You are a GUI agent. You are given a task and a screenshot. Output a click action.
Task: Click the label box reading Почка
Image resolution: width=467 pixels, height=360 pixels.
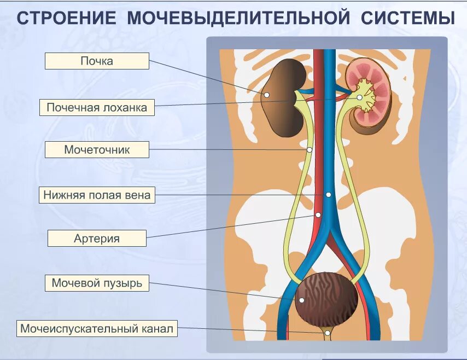pos(97,61)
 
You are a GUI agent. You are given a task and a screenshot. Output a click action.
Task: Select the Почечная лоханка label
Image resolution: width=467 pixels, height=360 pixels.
pos(97,107)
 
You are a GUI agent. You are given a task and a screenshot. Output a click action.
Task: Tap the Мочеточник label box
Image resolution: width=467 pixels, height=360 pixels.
pos(97,149)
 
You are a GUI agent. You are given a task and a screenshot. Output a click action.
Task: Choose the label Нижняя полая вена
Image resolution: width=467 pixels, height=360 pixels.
pos(97,195)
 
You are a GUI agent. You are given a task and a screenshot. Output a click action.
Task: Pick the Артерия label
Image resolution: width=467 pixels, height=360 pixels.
pos(97,238)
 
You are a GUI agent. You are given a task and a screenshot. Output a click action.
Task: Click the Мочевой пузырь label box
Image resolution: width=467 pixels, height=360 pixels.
pos(97,283)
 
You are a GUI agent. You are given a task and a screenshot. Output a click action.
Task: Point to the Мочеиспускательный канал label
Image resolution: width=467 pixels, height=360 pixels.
pos(97,328)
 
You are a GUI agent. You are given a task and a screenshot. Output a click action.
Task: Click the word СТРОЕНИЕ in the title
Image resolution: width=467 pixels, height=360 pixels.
pos(66,19)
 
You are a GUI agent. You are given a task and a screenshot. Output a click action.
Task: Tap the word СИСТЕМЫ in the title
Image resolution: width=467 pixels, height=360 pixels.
pos(408,19)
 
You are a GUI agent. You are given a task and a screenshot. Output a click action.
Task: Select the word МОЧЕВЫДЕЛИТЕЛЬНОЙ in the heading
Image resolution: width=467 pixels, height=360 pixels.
pos(238,19)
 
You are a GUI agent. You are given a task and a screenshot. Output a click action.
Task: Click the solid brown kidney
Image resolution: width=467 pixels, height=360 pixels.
pos(283,98)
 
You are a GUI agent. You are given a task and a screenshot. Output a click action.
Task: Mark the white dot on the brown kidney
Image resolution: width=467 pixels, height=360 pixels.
pos(267,95)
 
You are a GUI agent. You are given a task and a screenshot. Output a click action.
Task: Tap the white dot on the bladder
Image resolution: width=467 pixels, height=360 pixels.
pos(301,300)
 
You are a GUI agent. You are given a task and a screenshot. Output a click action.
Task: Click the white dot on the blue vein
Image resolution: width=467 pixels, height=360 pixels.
pos(328,194)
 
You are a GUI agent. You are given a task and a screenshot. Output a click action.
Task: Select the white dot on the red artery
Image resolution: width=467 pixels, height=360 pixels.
pos(318,214)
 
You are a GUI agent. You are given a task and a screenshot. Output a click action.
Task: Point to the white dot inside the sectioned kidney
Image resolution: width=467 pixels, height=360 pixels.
pos(359,97)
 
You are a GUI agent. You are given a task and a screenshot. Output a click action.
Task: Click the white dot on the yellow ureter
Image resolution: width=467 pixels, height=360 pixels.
pos(310,149)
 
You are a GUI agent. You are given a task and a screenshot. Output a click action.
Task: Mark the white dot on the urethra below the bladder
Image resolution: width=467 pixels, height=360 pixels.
pos(327,332)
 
